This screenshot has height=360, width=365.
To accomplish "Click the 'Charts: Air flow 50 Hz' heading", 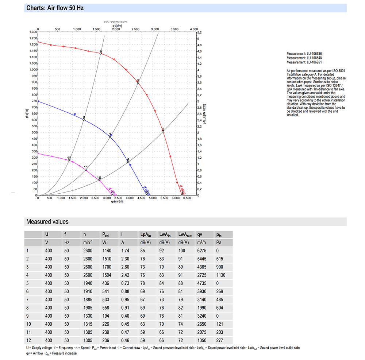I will pos(55,8).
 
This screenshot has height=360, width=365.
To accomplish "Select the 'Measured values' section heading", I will pos(47,222).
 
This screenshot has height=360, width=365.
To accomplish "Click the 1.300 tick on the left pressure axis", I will pos(32,32).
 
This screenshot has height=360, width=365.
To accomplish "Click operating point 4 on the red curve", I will pos(101,53).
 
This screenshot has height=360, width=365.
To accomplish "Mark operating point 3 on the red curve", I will pos(138,83).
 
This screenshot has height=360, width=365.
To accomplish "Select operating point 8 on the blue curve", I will pos(84,119).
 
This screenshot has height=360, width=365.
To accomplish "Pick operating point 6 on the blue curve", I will pos(128,162).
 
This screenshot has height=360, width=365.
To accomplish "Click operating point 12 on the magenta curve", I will pos(69,160).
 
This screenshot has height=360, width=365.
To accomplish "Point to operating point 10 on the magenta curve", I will pos(99,180).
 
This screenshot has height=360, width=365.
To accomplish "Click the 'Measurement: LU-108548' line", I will pos(304,58).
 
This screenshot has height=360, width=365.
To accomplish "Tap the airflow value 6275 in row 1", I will pos(202,251).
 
